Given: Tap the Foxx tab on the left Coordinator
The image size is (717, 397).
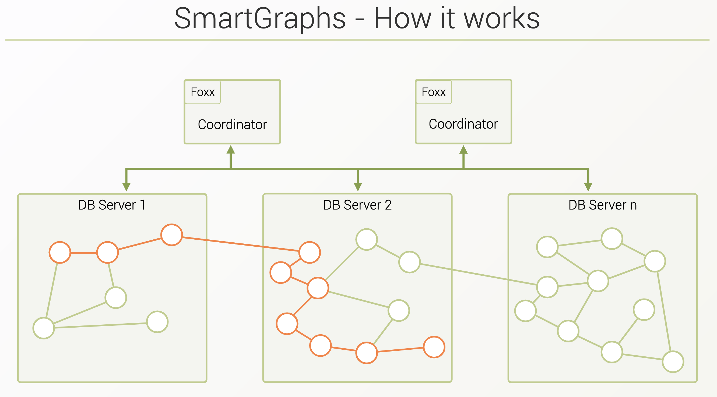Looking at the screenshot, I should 203,92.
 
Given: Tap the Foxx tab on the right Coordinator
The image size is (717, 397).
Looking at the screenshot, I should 434,92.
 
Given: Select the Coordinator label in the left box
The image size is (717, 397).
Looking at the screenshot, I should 233,124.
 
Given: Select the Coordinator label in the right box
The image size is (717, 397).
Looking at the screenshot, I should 463,124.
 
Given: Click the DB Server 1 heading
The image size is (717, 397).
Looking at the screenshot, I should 112,205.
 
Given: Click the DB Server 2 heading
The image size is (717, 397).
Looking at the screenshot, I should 357,205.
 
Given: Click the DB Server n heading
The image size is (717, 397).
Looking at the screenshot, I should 603,205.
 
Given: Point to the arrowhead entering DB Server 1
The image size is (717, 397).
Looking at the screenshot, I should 126,187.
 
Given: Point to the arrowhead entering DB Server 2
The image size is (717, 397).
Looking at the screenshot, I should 358,187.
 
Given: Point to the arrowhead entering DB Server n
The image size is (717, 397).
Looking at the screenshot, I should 588,187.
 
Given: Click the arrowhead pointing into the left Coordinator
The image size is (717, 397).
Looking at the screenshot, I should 231,150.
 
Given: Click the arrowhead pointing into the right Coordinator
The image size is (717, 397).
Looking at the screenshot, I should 463,150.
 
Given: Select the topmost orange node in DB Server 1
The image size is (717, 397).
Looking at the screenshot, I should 172,235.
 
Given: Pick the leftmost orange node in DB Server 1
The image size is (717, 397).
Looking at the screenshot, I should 60,252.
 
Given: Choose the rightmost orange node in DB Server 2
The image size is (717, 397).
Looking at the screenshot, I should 434,347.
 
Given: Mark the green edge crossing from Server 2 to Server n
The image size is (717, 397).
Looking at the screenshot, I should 479,274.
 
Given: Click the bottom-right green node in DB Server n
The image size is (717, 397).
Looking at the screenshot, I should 673,362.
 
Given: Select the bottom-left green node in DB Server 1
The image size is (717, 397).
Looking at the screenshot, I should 44,328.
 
